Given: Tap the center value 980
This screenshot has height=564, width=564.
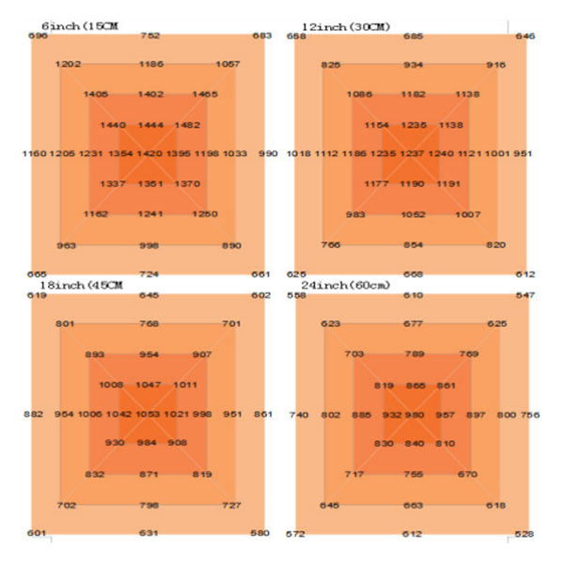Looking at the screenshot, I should pos(415,415).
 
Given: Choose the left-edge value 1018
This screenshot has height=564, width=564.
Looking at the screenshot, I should pos(299,153).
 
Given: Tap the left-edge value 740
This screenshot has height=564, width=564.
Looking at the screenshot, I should pos(299,415).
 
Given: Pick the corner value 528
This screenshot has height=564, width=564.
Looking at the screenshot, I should pos(524,534).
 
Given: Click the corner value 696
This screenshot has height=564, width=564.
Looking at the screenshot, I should pos(38,36).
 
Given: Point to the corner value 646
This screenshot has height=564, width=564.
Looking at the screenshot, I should pos(525,36).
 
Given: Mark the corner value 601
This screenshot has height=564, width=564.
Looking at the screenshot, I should pos(38,534).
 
